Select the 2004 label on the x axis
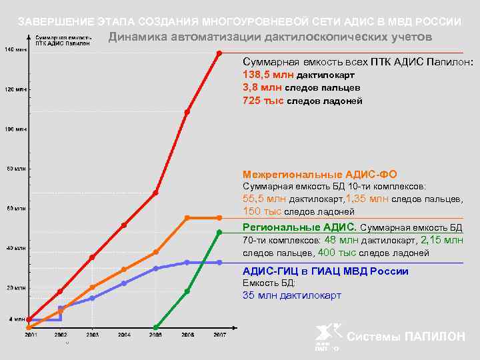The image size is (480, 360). point(124,335)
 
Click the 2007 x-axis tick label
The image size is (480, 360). point(219,335)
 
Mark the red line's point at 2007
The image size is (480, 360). point(219,53)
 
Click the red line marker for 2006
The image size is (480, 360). point(187,112)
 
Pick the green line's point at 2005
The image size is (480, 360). point(156,327)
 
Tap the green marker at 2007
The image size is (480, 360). point(219,232)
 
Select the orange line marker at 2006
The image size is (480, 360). point(187,217)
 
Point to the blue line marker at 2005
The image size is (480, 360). point(156,268)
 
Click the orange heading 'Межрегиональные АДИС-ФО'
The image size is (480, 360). point(320,173)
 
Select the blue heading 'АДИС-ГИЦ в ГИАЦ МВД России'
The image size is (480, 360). point(325,271)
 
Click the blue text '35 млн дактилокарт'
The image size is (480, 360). point(292,295)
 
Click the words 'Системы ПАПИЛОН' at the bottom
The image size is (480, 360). point(406,337)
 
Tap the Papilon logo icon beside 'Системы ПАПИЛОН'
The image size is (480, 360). point(329,336)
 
